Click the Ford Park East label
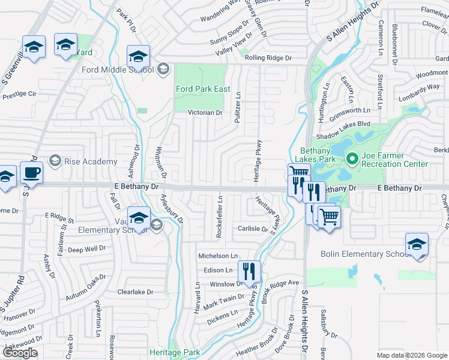tap(203, 89)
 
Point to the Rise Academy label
tap(91, 161)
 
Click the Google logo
tap(20, 353)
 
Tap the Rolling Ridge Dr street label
tap(268, 58)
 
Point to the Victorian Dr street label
tap(205, 113)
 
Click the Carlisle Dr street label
tap(252, 229)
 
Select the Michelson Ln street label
tap(218, 256)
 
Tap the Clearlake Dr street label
tap(136, 292)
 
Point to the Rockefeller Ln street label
tap(220, 217)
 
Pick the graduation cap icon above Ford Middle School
tap(139, 58)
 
